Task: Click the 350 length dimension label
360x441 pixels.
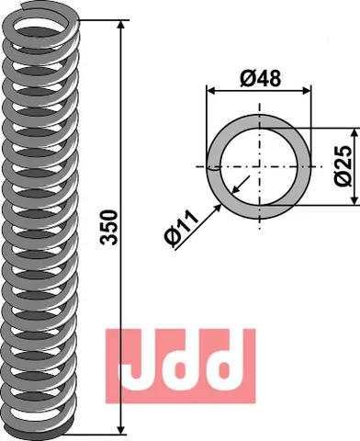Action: pyautogui.click(x=108, y=227)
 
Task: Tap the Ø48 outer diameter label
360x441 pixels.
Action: pyautogui.click(x=260, y=78)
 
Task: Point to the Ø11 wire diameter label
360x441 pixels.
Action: pyautogui.click(x=181, y=229)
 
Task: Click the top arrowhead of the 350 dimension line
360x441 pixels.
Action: pyautogui.click(x=121, y=25)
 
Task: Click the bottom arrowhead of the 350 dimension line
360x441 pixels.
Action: pyautogui.click(x=121, y=429)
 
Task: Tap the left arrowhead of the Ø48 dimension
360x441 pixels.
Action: pyautogui.click(x=212, y=91)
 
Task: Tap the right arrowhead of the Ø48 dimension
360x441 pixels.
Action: pyautogui.click(x=306, y=91)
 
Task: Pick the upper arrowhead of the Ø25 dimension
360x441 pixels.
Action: pyautogui.click(x=354, y=133)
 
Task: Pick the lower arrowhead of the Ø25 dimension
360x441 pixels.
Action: pyautogui.click(x=354, y=199)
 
